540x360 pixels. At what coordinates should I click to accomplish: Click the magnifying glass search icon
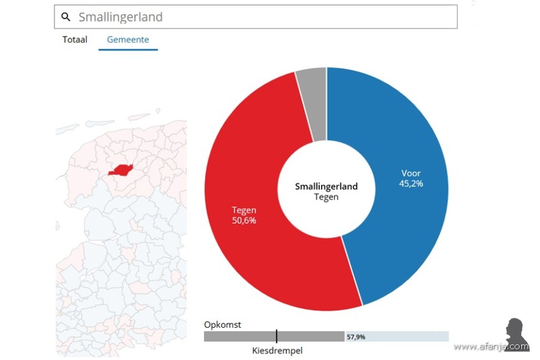click(x=66, y=17)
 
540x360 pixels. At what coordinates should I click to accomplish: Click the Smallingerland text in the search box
click(x=121, y=17)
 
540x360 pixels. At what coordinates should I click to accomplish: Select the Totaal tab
click(x=75, y=40)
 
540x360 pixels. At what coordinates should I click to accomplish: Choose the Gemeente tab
click(x=128, y=40)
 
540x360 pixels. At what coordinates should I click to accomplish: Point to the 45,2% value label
click(x=411, y=183)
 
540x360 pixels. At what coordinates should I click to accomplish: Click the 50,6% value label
click(x=244, y=220)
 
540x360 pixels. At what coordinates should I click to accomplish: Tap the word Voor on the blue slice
click(x=411, y=173)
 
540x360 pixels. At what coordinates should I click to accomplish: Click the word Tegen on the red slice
click(x=244, y=210)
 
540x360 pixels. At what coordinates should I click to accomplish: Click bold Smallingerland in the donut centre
click(x=326, y=186)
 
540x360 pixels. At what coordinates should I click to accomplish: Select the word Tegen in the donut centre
click(x=326, y=196)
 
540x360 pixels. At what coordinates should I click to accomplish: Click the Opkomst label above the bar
click(x=222, y=325)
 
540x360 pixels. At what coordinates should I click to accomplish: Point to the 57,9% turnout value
click(x=356, y=337)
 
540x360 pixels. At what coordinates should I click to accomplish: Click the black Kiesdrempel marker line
click(x=276, y=336)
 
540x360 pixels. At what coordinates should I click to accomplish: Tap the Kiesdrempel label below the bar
click(x=277, y=351)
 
